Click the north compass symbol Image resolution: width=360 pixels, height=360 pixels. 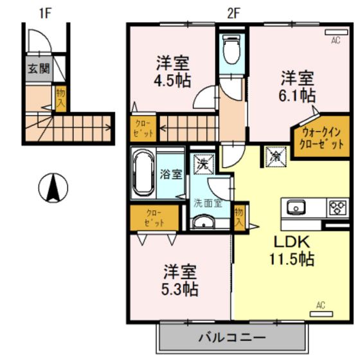(x=55, y=188)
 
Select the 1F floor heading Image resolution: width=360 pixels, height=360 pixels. (x=44, y=11)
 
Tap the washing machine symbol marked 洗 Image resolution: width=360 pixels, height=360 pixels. (x=203, y=163)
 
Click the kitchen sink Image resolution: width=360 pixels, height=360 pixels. (x=297, y=208)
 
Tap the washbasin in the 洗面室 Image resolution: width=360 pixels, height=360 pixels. (x=205, y=222)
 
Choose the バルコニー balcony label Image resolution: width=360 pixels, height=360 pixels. (x=231, y=337)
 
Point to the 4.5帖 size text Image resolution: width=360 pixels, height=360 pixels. (x=171, y=82)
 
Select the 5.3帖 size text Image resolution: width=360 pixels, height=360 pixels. (x=179, y=289)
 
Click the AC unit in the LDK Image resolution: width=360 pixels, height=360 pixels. (x=320, y=314)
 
